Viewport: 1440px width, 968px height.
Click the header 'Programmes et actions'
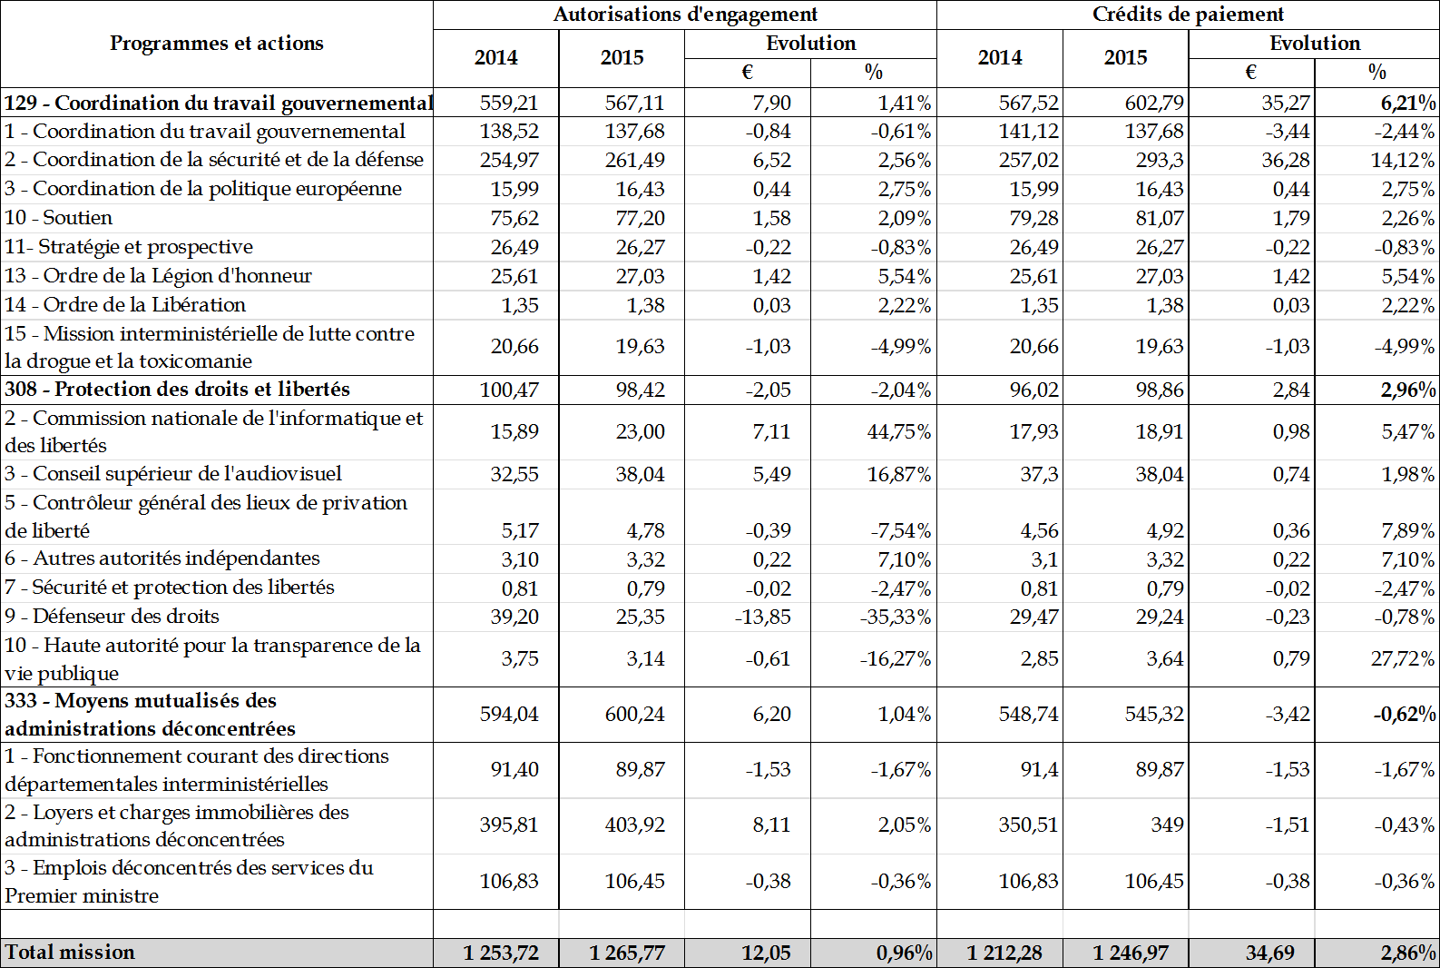click(x=216, y=44)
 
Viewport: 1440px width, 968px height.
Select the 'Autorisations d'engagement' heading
click(x=685, y=15)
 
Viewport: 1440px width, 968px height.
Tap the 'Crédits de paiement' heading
click(x=1188, y=15)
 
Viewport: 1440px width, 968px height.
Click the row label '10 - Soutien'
click(x=59, y=218)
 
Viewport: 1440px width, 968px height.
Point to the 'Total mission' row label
click(x=70, y=953)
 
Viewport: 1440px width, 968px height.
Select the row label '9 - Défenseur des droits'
click(x=112, y=617)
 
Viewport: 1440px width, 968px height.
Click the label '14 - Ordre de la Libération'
click(x=125, y=305)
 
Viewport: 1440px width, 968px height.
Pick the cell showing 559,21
click(x=509, y=104)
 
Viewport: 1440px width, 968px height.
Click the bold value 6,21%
click(x=1408, y=104)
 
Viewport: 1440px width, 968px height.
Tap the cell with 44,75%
click(x=898, y=432)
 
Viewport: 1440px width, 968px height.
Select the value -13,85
click(x=762, y=617)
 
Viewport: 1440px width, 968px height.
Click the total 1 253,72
click(x=501, y=953)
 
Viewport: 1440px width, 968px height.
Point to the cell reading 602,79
click(x=1154, y=104)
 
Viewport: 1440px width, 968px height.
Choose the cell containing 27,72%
click(x=1403, y=659)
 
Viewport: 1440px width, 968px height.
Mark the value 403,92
click(x=634, y=825)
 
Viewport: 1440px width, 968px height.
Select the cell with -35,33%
click(x=895, y=617)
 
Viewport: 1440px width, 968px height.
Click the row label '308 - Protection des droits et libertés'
click(x=177, y=390)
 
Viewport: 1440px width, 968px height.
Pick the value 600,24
click(x=634, y=715)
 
